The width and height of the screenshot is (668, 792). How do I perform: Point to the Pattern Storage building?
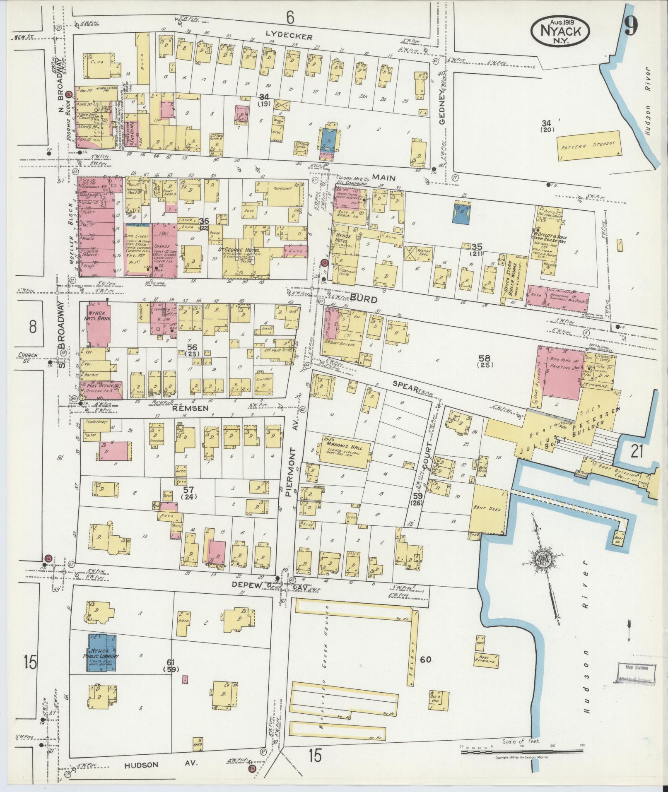588,145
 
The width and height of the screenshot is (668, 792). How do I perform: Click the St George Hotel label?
239,250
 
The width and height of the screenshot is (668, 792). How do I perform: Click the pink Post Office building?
101,389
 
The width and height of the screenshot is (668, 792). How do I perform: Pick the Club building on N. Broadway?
102,65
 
